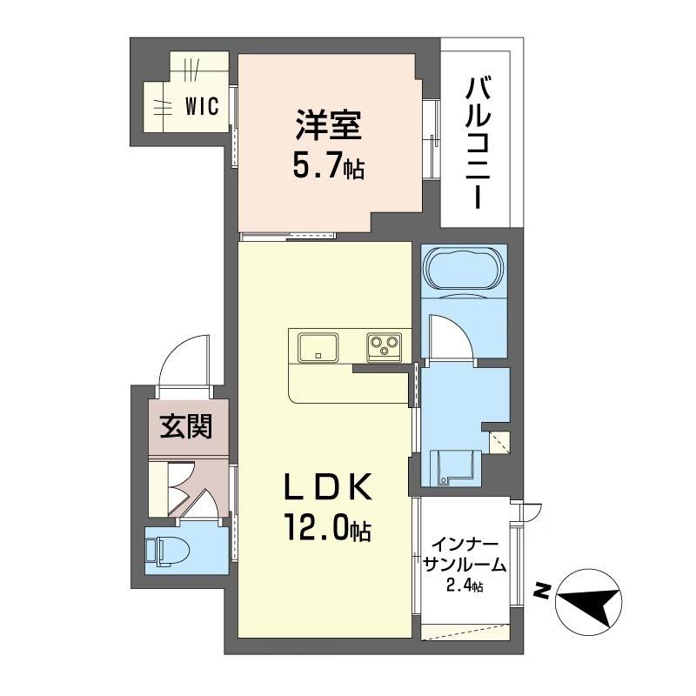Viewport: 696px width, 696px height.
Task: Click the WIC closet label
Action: coord(202,106)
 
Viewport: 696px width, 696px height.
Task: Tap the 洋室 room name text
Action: coord(328,124)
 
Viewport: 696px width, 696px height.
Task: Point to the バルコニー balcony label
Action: coord(478,143)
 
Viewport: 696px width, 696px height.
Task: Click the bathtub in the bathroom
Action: coord(465,269)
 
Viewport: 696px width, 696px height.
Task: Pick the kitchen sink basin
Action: coord(318,347)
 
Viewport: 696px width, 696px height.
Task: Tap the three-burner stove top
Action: coord(384,347)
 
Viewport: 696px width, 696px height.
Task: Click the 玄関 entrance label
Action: coord(186,426)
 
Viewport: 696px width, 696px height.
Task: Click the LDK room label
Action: coord(328,487)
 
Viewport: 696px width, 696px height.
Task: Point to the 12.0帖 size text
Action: coord(328,528)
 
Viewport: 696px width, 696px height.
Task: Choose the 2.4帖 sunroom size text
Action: coord(465,586)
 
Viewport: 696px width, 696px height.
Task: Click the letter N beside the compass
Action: coord(542,592)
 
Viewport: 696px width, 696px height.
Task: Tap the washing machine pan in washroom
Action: coord(455,468)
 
